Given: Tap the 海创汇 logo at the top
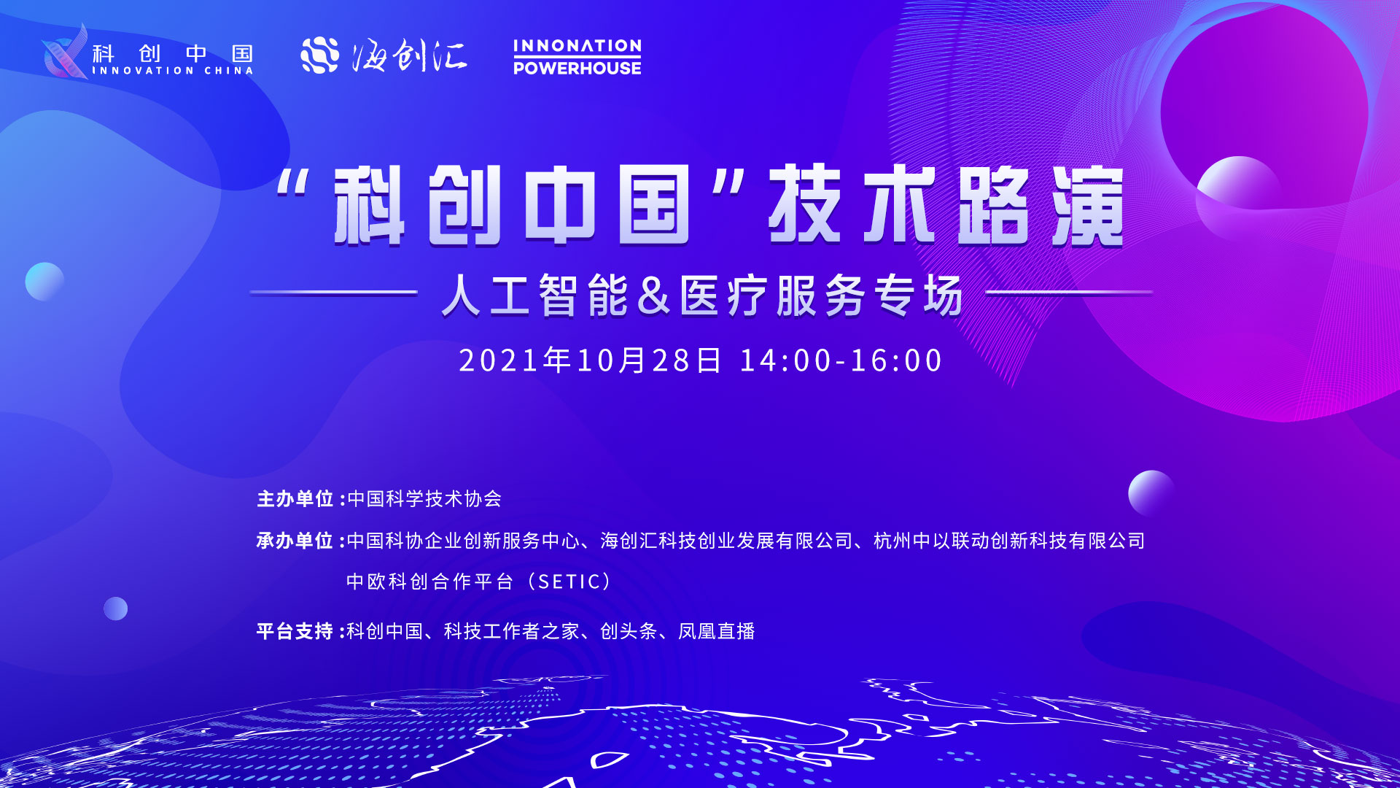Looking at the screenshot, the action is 384,55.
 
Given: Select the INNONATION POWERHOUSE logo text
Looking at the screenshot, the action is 577,57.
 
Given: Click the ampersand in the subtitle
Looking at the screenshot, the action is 653,295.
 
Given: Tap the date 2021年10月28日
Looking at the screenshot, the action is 590,360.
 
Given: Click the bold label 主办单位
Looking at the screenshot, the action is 295,499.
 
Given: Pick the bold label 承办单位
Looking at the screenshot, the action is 295,541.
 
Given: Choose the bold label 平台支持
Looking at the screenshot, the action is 295,631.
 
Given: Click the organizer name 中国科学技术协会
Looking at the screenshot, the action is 424,499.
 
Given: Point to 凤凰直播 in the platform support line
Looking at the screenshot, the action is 717,631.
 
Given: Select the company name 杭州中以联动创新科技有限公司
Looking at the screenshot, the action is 1009,541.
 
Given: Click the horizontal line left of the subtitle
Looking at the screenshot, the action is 333,293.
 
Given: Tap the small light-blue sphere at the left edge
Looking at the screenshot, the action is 44,282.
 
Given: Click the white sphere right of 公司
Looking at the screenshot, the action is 1151,493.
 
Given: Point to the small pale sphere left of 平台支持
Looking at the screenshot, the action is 115,609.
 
